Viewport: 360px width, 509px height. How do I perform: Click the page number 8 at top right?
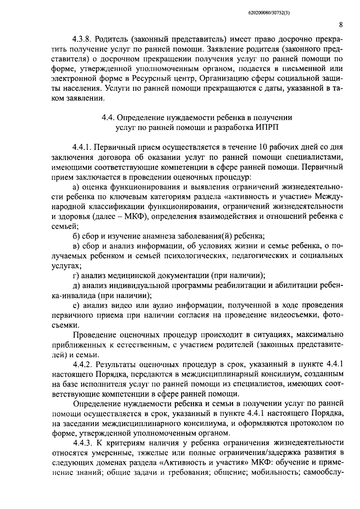[x=341, y=25]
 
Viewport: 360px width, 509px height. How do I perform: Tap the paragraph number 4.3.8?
[x=83, y=40]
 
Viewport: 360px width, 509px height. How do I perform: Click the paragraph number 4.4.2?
[x=83, y=364]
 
